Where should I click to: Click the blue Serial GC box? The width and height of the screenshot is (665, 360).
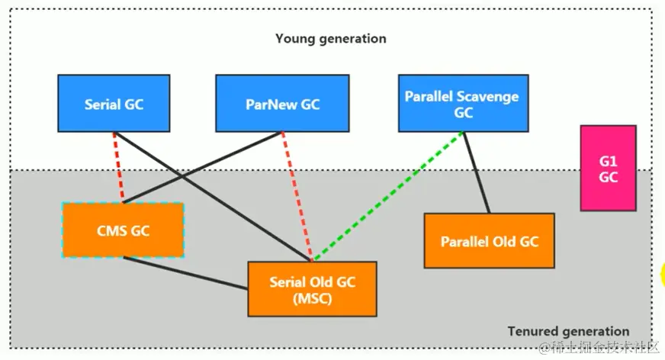[x=114, y=104]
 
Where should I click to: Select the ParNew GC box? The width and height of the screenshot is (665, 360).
[x=282, y=104]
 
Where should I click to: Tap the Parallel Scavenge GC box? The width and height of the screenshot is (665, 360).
[x=462, y=104]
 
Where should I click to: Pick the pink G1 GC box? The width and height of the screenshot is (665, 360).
[x=608, y=168]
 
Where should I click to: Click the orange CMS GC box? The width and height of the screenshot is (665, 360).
[x=122, y=230]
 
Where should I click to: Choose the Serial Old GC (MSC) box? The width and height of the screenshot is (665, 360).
[x=312, y=288]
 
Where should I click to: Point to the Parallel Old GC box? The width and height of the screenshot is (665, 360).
[x=489, y=241]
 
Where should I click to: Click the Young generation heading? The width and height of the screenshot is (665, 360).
[x=330, y=38]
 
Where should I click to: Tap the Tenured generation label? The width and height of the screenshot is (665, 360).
[x=568, y=331]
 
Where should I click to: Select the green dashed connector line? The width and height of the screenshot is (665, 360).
[x=389, y=194]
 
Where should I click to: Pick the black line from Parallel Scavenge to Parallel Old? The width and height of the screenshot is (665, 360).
[x=476, y=172]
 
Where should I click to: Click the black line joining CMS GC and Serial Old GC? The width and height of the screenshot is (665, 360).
[x=185, y=273]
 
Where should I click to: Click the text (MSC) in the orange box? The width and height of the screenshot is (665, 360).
[x=312, y=298]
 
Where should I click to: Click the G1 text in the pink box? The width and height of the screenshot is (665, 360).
[x=608, y=162]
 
